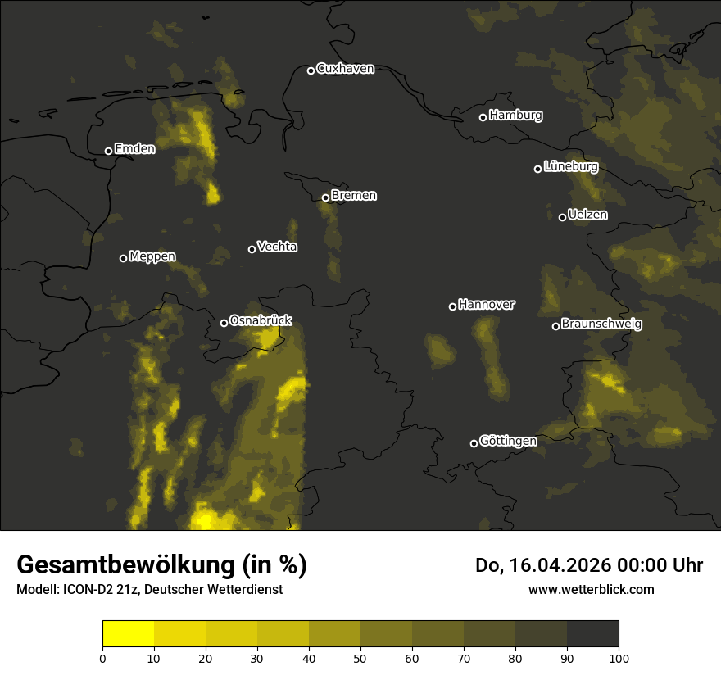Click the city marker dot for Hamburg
(x=483, y=117)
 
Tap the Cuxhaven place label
(x=345, y=69)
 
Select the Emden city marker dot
(x=108, y=151)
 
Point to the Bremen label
(x=354, y=196)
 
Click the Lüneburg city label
(x=570, y=167)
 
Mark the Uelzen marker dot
(x=562, y=217)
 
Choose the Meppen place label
(x=152, y=257)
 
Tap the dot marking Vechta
(x=252, y=249)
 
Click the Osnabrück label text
(x=261, y=321)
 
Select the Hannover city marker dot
(x=452, y=306)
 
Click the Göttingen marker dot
(x=474, y=443)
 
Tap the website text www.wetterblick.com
(x=591, y=590)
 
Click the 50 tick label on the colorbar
(x=360, y=658)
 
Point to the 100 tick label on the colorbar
(x=619, y=658)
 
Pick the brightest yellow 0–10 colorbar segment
(x=129, y=634)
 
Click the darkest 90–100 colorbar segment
(x=592, y=634)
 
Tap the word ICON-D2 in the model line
(x=79, y=590)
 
